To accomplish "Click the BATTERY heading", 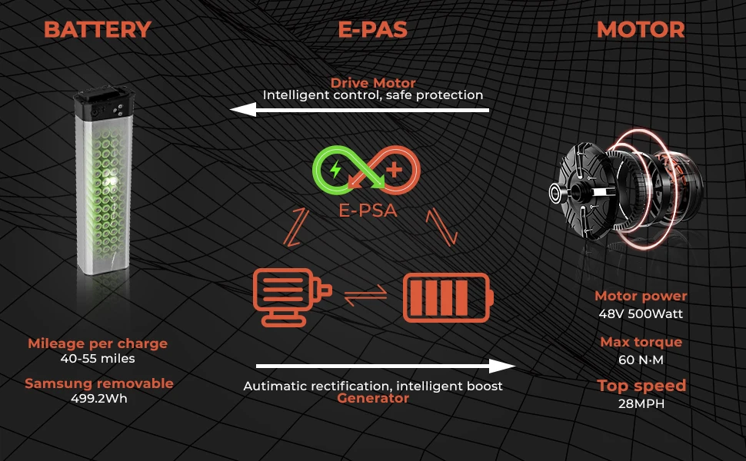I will (97, 30).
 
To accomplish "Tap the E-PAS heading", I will (372, 30).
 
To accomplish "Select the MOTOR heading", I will (641, 30).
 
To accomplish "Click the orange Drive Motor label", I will (373, 83).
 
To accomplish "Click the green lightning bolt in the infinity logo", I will (335, 169).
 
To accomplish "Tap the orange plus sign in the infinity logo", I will (395, 170).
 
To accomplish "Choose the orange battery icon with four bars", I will (448, 297).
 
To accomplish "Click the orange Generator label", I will (373, 398).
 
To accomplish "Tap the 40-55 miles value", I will (97, 358).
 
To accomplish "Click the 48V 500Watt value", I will (641, 313).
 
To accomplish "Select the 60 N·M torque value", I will (641, 359).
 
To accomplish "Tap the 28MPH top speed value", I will (641, 403).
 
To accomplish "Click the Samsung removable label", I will (98, 383).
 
